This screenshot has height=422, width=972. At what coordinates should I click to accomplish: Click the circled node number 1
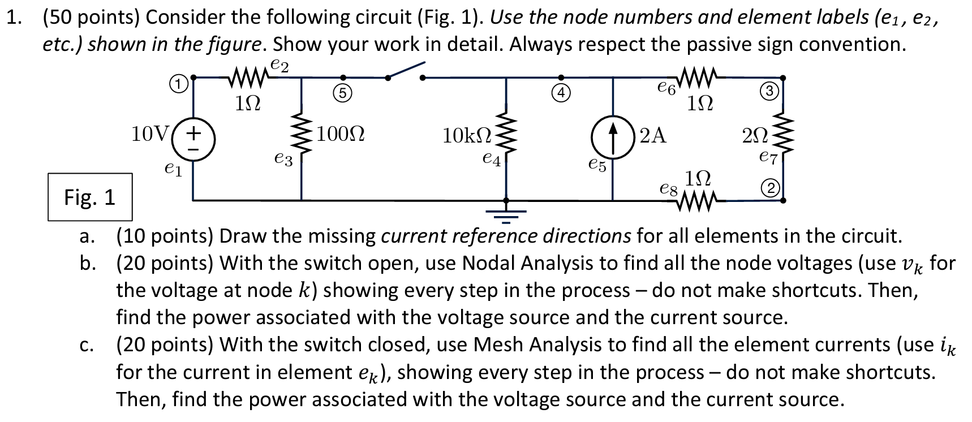coord(178,84)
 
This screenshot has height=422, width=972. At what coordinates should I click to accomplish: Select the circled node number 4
coord(561,93)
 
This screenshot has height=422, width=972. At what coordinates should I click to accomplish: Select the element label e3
coord(283,160)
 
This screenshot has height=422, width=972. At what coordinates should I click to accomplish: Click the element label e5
coord(596,165)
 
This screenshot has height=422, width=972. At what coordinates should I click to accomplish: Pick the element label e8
coord(669,187)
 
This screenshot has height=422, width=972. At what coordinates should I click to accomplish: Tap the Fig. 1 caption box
coord(90,197)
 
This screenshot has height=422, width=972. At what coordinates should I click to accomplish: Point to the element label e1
coord(173,169)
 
